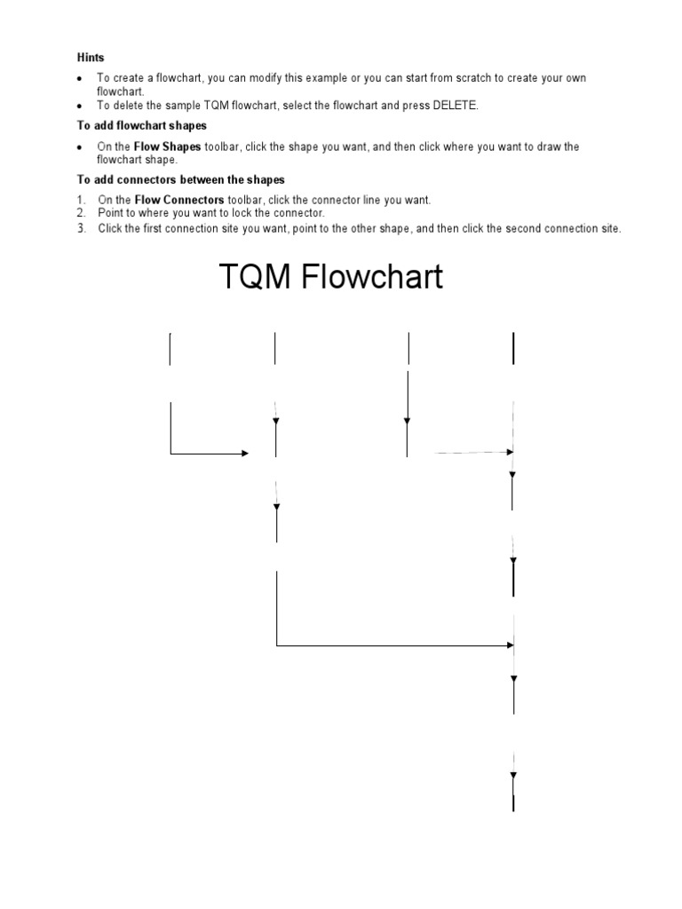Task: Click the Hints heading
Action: [91, 58]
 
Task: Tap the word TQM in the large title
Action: [255, 277]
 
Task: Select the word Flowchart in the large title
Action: [372, 276]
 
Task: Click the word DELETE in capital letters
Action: [455, 106]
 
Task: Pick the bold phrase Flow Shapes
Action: [167, 146]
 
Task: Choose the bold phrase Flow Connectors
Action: [179, 200]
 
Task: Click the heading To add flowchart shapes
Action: [142, 126]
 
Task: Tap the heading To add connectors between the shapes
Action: [181, 179]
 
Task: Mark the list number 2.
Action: [81, 213]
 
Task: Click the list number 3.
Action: [81, 228]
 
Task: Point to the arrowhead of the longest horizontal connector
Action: [511, 644]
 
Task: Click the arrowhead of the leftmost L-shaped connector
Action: [245, 453]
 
